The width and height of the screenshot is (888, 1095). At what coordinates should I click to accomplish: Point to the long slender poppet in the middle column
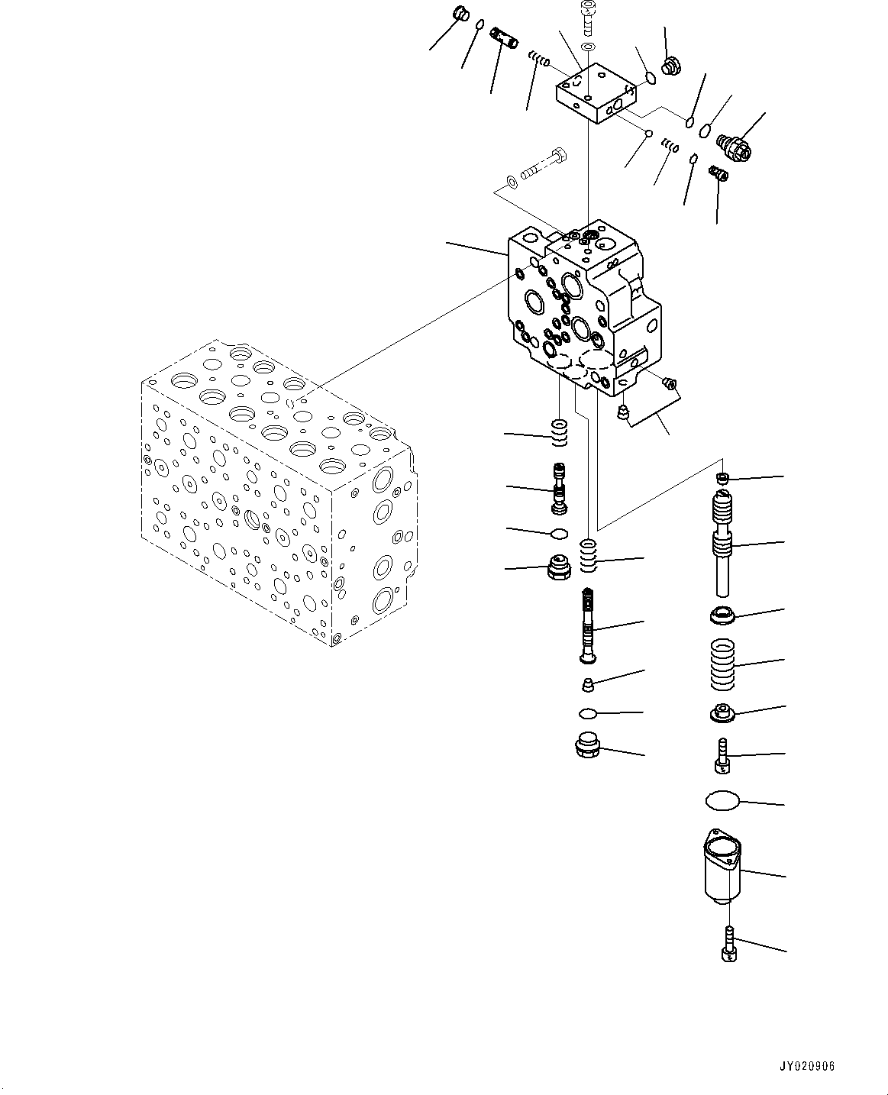click(x=586, y=626)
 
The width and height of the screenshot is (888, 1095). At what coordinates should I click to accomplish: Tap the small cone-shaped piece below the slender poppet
click(x=586, y=683)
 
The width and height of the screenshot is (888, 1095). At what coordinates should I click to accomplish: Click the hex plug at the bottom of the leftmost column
click(x=560, y=569)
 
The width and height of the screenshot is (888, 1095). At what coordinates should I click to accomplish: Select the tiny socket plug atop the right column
click(x=721, y=478)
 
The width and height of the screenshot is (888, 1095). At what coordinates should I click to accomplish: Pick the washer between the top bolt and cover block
click(x=588, y=47)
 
